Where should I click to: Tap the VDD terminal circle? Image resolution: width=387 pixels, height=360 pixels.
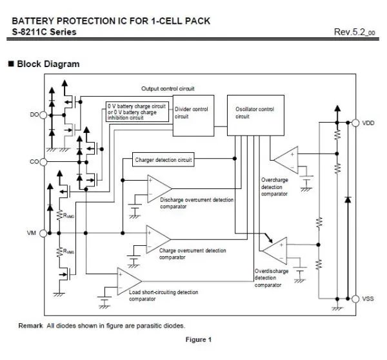click(355, 123)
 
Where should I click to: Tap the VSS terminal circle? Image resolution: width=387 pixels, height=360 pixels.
click(355, 298)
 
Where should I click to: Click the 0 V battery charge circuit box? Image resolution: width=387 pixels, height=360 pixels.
click(137, 111)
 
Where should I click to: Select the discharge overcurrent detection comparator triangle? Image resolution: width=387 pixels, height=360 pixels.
click(157, 186)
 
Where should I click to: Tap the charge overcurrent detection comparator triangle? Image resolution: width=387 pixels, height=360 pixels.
click(157, 236)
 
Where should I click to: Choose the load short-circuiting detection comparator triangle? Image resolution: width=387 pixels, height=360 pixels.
click(128, 279)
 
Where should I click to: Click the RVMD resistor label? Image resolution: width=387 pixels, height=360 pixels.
click(69, 216)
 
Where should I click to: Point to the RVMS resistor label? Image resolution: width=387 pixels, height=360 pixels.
click(69, 252)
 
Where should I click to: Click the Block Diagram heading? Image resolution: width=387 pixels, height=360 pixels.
click(48, 64)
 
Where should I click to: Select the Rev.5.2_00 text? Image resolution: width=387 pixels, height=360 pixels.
click(354, 32)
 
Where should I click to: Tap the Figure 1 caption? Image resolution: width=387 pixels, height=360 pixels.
click(198, 340)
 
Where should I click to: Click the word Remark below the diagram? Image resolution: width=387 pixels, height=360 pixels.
click(30, 325)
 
